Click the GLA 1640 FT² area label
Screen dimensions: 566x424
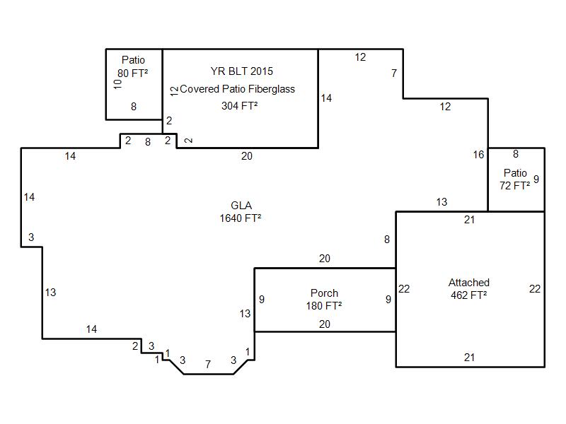[241, 212]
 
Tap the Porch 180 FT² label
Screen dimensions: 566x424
[324, 299]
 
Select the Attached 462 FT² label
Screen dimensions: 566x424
[469, 289]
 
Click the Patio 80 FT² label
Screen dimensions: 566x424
[133, 66]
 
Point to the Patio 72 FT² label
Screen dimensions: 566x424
[515, 179]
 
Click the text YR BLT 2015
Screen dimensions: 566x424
[242, 71]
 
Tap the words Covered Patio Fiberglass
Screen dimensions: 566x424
[237, 89]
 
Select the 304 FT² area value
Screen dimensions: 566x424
[240, 105]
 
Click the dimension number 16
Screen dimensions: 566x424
[479, 155]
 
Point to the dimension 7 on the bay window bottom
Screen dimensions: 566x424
[208, 365]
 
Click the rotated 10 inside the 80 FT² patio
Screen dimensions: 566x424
[117, 84]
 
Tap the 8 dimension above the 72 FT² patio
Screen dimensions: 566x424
[516, 154]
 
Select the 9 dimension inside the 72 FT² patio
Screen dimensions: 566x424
[536, 179]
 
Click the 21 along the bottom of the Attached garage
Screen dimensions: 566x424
[469, 358]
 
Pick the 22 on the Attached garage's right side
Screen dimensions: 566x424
[535, 289]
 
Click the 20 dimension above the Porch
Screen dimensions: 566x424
[325, 259]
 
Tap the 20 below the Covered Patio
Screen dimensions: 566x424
[247, 156]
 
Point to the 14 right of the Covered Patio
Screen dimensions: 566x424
[326, 98]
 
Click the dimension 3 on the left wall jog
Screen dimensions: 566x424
[31, 237]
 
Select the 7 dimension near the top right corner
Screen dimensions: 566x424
[394, 73]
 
